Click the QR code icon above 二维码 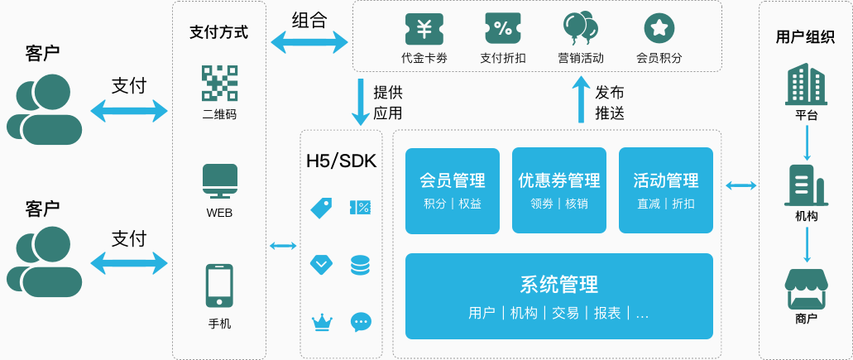219,83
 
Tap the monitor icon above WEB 219,181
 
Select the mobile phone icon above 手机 219,286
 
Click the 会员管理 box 453,190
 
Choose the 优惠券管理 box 559,190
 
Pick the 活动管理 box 666,190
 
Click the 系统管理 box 559,295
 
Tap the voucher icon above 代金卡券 424,29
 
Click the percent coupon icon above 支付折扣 503,29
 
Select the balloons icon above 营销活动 580,29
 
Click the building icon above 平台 807,83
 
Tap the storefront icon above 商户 807,289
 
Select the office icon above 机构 807,185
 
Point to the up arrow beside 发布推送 581,101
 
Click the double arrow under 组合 309,41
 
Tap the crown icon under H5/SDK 321,322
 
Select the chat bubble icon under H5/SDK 361,322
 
